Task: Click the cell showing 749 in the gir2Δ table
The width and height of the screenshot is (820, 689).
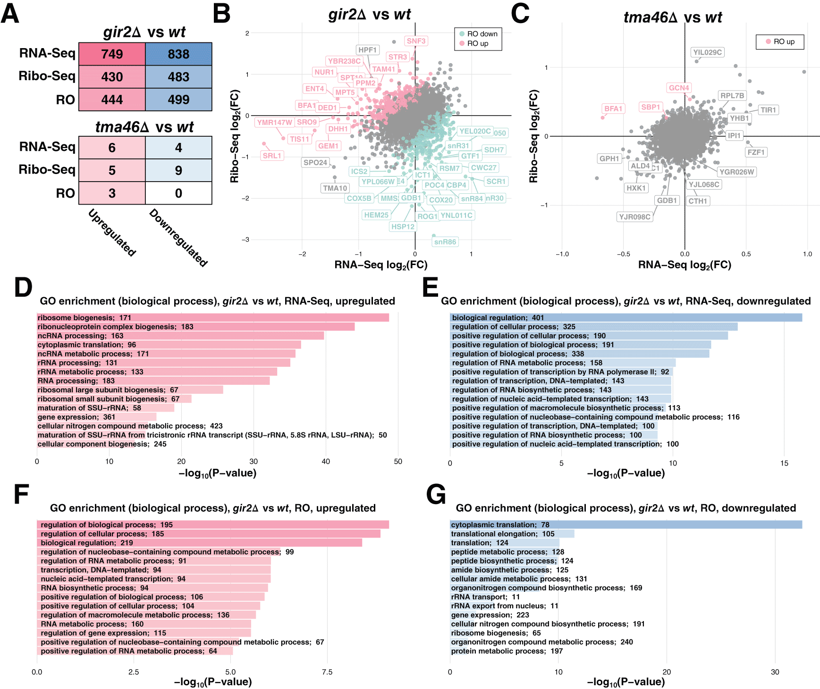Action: click(112, 54)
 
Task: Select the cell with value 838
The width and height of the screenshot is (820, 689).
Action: click(178, 54)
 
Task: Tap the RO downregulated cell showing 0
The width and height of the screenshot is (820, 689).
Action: click(178, 193)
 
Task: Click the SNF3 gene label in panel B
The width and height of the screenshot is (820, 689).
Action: click(416, 41)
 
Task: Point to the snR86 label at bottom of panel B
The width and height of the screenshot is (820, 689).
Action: click(445, 242)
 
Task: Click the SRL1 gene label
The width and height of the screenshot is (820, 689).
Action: click(272, 156)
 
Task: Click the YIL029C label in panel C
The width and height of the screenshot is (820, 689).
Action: click(707, 52)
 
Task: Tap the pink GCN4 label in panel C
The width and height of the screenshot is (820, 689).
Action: click(679, 88)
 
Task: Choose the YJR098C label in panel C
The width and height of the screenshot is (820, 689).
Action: click(634, 217)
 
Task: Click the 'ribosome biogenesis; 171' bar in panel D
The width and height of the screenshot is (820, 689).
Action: click(212, 318)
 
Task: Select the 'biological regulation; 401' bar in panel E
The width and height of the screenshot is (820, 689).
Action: click(626, 318)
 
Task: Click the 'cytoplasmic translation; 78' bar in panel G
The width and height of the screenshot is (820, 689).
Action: click(626, 525)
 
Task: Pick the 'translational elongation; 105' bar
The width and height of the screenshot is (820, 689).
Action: click(512, 534)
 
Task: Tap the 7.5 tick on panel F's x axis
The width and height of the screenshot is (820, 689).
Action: click(327, 672)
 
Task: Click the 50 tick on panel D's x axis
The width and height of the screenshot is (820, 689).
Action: click(398, 462)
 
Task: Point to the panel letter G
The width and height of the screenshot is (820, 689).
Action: click(435, 495)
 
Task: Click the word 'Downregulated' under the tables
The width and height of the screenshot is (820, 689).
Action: click(178, 238)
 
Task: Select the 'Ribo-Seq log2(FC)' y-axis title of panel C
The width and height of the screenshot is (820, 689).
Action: click(533, 136)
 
